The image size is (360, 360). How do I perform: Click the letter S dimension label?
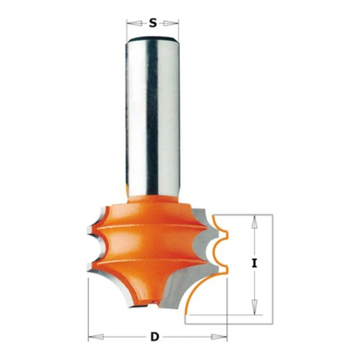153,23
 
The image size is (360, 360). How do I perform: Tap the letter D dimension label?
155,337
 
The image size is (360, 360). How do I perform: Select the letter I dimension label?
254,263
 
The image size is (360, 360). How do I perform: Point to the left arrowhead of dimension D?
96,337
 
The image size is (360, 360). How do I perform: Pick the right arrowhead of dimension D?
219,337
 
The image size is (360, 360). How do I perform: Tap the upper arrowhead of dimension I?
254,222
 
